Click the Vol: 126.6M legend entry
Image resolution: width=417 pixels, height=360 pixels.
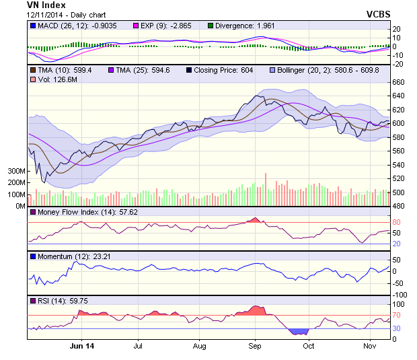pos(53,80)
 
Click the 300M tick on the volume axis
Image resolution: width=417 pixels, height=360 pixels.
pos(17,172)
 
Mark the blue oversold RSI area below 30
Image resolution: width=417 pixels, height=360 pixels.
pos(297,331)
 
